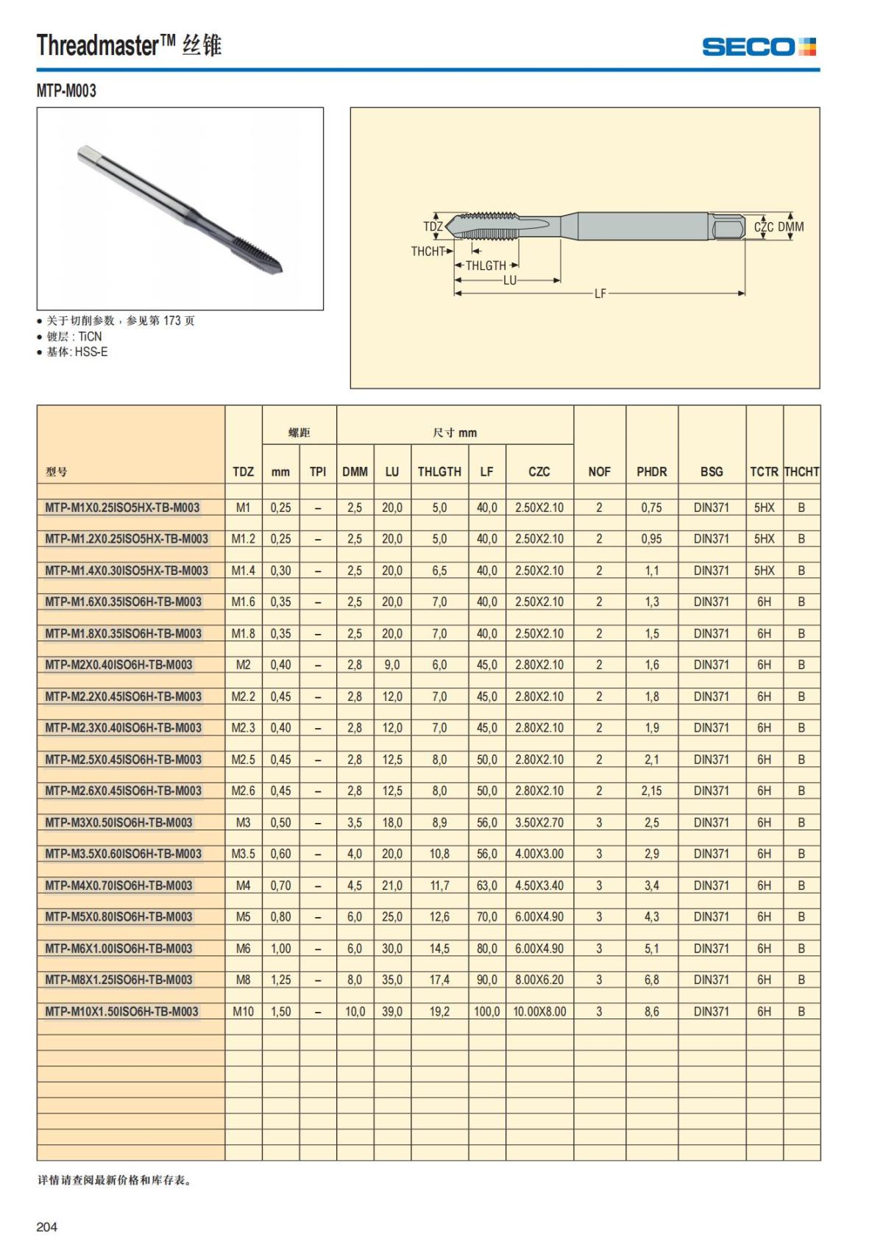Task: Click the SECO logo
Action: pos(759,47)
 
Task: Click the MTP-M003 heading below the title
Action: pos(66,90)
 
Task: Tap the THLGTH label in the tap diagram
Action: pos(486,265)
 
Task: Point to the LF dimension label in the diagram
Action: pos(600,293)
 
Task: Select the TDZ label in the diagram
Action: pos(433,227)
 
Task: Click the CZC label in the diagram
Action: pos(764,227)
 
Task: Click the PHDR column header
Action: pos(651,471)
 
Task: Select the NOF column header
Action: pos(599,471)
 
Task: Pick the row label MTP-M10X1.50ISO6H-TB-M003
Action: pos(121,1011)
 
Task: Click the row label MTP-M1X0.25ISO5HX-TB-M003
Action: pos(122,507)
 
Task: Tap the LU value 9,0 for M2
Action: pos(391,665)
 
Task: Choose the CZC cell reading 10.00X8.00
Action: pos(539,1011)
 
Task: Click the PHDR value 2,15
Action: pos(651,791)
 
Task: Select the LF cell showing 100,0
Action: pos(486,1011)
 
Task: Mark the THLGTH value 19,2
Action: pos(439,1011)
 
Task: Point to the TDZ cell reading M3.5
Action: pos(243,854)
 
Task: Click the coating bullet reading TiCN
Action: pos(74,336)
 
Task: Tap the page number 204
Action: pos(46,1227)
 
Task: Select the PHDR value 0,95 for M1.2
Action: pos(651,538)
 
